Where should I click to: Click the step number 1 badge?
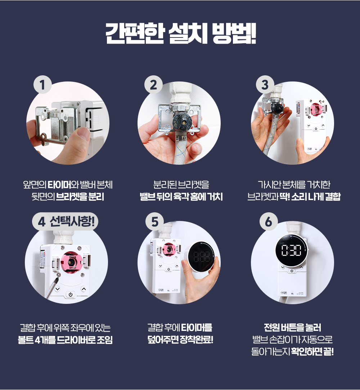tap(42, 84)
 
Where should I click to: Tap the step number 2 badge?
tap(153, 84)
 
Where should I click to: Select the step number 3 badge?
tap(265, 84)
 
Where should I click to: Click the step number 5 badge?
tap(154, 221)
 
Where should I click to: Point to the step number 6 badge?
tap(268, 221)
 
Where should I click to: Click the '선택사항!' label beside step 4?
tap(72, 221)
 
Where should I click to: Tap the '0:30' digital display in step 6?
tap(292, 250)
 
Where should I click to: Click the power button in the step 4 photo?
tap(71, 294)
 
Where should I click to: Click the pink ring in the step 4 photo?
tap(72, 261)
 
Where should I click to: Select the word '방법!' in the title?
tap(234, 34)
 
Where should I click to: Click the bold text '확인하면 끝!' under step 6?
tap(312, 351)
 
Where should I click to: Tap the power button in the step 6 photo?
tap(292, 271)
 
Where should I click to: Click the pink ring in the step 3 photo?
tap(316, 109)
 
